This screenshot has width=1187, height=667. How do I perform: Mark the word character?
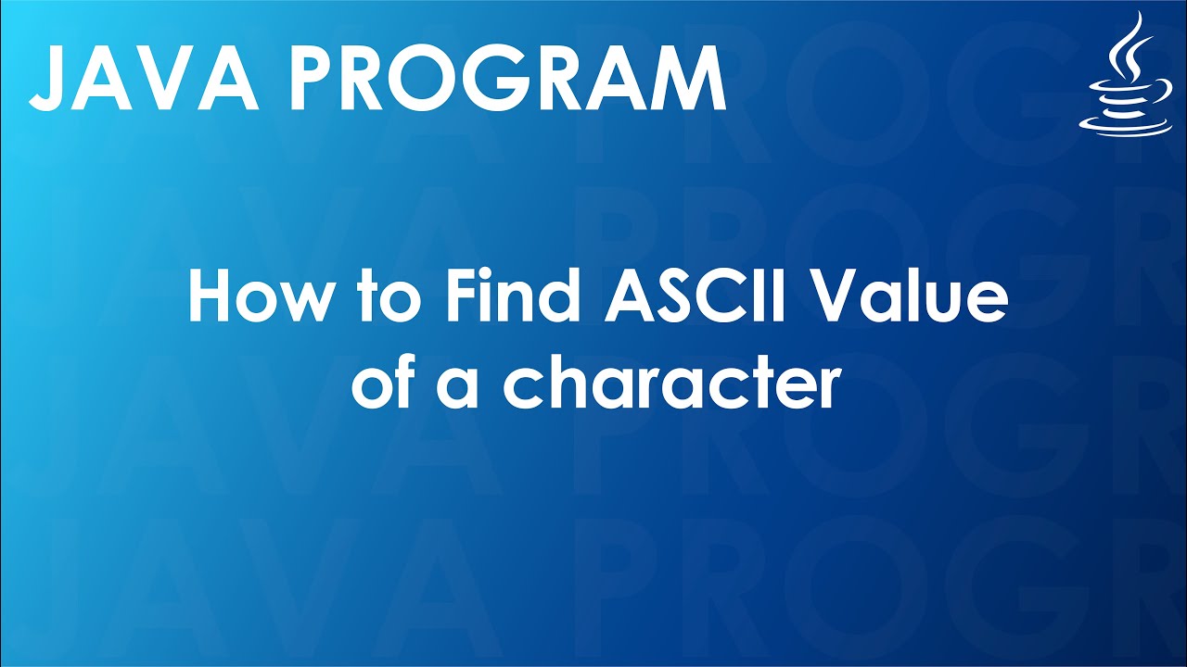click(671, 387)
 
